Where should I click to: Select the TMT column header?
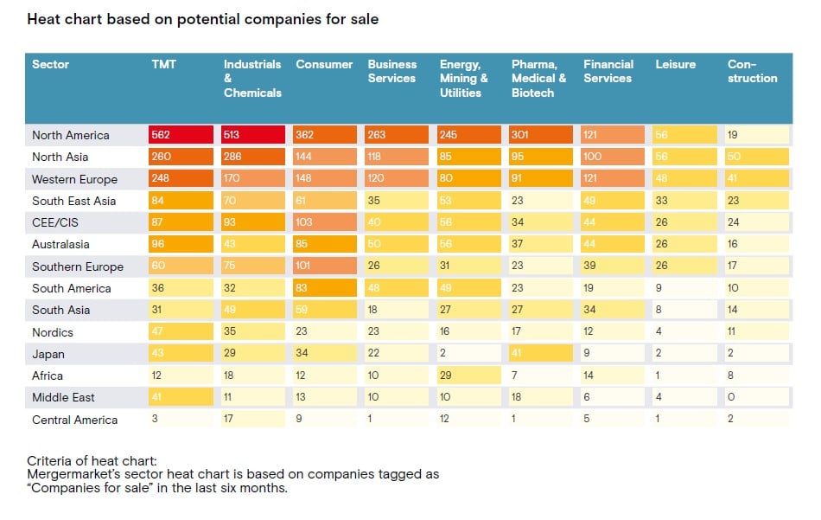pyautogui.click(x=164, y=65)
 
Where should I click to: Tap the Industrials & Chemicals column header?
pyautogui.click(x=252, y=78)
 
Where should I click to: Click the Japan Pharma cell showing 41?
pyautogui.click(x=541, y=354)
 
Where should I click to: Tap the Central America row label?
pyautogui.click(x=74, y=420)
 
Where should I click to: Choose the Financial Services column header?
pyautogui.click(x=608, y=71)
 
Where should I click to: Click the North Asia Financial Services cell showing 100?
pyautogui.click(x=613, y=157)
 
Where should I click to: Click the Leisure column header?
pyautogui.click(x=675, y=65)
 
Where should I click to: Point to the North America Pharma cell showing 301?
pyautogui.click(x=541, y=135)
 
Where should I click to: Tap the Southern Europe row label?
pyautogui.click(x=78, y=266)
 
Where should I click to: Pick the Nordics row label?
pyautogui.click(x=53, y=332)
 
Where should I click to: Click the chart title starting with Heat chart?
pyautogui.click(x=202, y=19)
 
